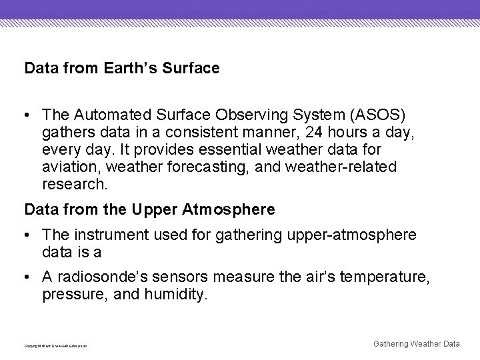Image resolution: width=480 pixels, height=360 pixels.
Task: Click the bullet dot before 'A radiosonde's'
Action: (29, 277)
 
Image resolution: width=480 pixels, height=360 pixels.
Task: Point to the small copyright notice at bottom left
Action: (55, 346)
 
